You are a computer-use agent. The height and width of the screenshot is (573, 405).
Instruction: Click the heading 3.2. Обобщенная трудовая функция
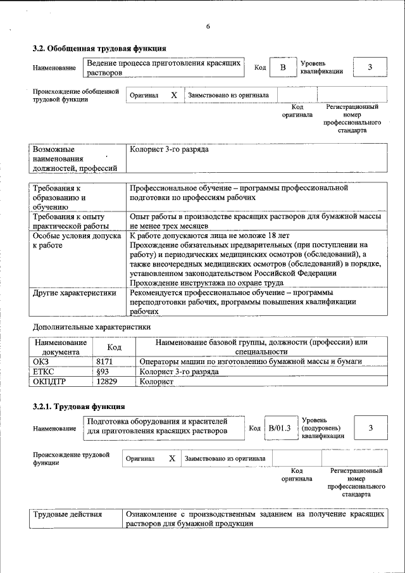click(99, 48)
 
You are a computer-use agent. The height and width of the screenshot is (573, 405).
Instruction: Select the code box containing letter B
click(283, 68)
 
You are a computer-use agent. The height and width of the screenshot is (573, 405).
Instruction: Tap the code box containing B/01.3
click(279, 429)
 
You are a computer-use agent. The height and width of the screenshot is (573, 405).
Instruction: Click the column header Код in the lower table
click(115, 347)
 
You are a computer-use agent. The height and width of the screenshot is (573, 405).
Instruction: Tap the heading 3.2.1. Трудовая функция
click(78, 406)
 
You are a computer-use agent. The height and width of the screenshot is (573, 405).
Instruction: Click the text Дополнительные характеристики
click(92, 327)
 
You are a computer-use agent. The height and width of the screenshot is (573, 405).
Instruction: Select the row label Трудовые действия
click(68, 515)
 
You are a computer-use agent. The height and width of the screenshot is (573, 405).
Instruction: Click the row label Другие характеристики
click(75, 293)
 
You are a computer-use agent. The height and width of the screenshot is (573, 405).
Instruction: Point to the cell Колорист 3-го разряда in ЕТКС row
click(178, 372)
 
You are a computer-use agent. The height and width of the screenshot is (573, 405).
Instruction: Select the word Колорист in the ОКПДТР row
click(156, 382)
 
